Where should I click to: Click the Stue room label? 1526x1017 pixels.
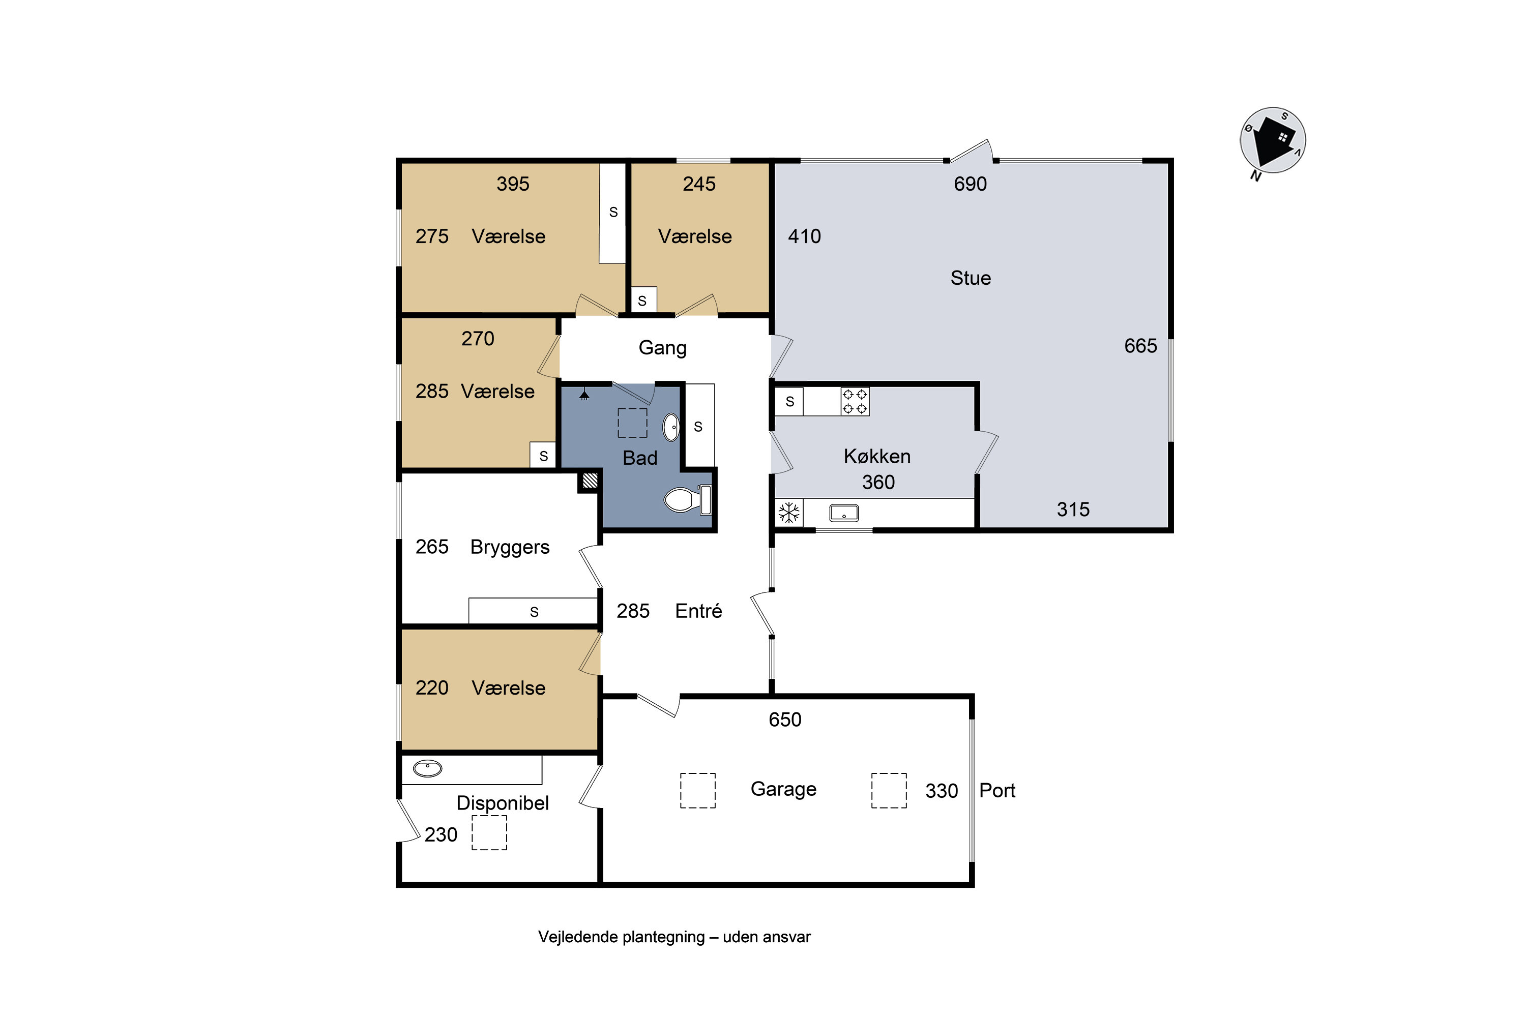click(971, 278)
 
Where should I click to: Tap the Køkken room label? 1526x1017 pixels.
click(877, 457)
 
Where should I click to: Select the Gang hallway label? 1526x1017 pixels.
click(662, 348)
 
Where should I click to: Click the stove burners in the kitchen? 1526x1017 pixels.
click(855, 402)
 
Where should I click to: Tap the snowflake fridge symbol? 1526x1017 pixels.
click(789, 513)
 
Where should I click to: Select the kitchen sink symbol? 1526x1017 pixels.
click(844, 513)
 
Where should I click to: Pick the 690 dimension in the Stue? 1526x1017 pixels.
click(970, 184)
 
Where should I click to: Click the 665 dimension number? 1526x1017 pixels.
click(1140, 346)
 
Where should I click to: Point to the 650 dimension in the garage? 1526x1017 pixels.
click(785, 720)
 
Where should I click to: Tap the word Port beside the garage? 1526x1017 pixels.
click(997, 791)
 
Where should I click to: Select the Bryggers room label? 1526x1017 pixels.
click(510, 548)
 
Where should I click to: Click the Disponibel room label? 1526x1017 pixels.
click(503, 803)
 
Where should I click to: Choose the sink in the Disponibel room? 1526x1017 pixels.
click(428, 768)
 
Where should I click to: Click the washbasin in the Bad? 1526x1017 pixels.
click(671, 428)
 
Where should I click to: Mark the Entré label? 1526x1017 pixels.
click(699, 611)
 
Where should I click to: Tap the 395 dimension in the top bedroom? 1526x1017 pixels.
click(513, 184)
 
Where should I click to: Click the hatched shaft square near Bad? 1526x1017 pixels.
click(590, 481)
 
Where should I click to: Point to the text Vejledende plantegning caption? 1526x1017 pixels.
click(622, 938)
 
